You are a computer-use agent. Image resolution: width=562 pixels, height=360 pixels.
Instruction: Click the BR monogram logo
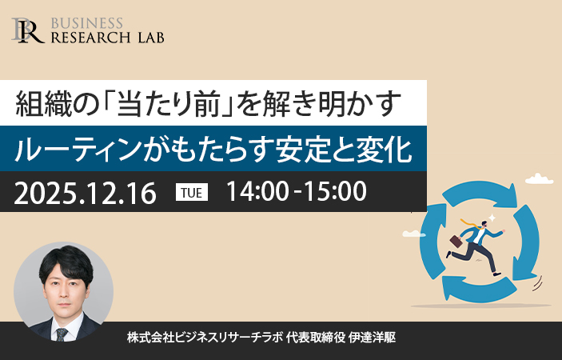tap(28, 30)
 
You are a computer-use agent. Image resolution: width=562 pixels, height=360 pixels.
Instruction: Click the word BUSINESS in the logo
tap(87, 24)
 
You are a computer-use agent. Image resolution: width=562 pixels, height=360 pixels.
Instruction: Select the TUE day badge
tap(192, 192)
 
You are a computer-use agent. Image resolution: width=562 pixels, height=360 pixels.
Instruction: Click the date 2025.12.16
tap(85, 194)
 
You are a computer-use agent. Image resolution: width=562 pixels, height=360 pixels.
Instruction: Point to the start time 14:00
tap(257, 191)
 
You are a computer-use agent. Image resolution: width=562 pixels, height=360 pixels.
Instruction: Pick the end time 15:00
tap(335, 191)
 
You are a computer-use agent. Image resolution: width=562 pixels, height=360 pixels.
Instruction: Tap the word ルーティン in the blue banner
tap(76, 149)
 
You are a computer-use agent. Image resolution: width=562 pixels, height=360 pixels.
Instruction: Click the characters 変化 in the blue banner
tap(385, 149)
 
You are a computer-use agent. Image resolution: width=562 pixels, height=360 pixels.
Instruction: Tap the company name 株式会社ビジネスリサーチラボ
tap(205, 338)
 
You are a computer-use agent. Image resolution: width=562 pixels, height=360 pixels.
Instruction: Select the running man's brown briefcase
tap(456, 241)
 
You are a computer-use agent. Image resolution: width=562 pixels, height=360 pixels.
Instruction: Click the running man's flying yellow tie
tap(470, 223)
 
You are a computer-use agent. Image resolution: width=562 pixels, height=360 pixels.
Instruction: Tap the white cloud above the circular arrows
tap(539, 178)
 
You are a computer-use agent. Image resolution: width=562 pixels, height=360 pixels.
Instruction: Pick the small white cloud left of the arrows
tap(414, 234)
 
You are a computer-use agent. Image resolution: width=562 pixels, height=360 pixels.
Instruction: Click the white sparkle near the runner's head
tap(492, 218)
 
